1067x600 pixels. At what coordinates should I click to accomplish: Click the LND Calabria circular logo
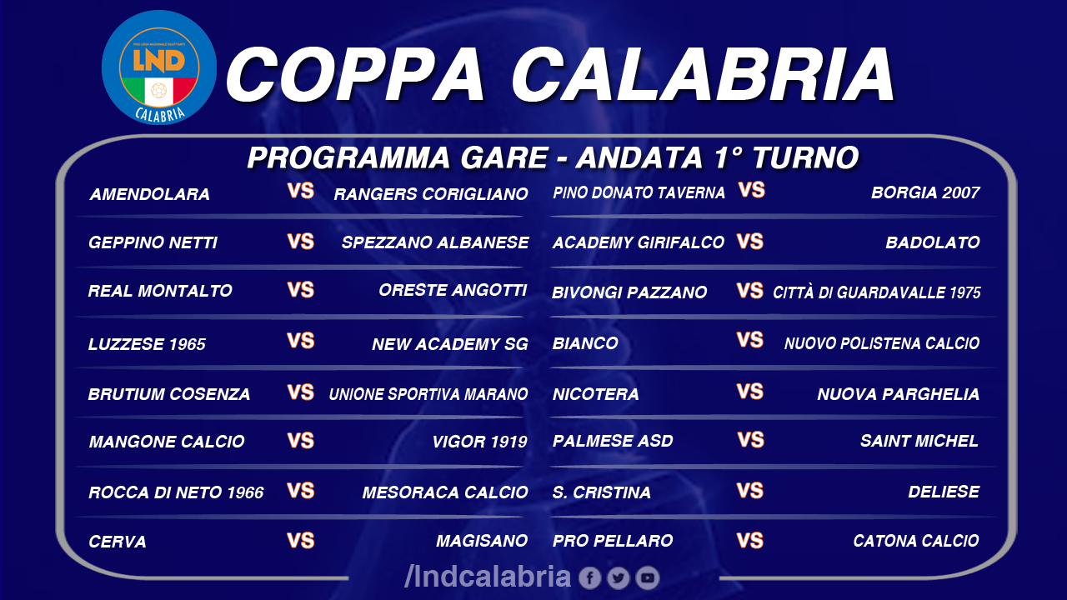[x=159, y=68]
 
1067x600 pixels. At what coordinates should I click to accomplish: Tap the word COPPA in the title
[x=356, y=75]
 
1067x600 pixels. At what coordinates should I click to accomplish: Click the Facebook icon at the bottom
[x=589, y=578]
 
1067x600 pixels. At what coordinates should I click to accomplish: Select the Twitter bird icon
[x=619, y=578]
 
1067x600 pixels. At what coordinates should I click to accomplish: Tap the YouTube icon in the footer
[x=648, y=578]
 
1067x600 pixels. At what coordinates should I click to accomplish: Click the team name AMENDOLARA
[x=149, y=194]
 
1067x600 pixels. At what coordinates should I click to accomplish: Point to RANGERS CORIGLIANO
[x=431, y=194]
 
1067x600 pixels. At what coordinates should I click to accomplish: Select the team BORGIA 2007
[x=925, y=192]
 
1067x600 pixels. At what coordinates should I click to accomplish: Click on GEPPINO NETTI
[x=153, y=242]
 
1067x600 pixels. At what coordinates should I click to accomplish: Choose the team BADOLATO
[x=933, y=242]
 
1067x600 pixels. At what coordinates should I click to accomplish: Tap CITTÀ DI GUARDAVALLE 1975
[x=876, y=292]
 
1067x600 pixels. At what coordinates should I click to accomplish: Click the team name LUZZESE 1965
[x=147, y=344]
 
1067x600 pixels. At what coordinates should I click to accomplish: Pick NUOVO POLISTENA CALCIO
[x=882, y=343]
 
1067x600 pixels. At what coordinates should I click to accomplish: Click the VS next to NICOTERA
[x=750, y=392]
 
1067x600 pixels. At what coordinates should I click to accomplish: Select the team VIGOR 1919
[x=479, y=442]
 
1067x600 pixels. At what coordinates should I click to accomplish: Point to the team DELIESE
[x=944, y=492]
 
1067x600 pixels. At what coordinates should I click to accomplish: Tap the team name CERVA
[x=118, y=542]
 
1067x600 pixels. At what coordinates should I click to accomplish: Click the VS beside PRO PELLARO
[x=750, y=541]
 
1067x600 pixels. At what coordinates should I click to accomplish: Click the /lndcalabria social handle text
[x=488, y=577]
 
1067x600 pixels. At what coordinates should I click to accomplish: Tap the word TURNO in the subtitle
[x=805, y=157]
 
